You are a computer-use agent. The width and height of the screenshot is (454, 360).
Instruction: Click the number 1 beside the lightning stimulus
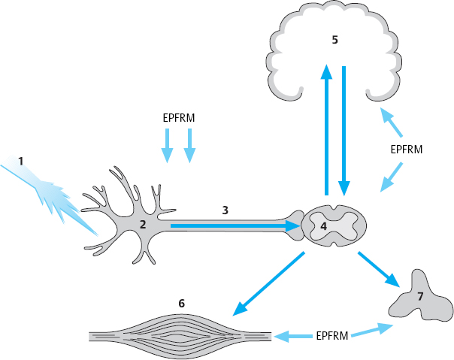coord(21,161)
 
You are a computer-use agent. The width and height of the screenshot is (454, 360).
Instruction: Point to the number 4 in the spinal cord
coord(324,225)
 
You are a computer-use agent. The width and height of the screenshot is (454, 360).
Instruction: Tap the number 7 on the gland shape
coord(420,296)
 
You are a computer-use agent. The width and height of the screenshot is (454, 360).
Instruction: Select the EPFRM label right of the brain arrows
coord(407,149)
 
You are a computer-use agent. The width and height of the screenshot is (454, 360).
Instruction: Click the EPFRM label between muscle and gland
coord(331,335)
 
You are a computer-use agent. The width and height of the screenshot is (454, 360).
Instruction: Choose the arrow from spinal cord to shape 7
coord(377,269)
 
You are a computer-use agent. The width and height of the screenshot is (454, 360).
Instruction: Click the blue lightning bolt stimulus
coord(56,194)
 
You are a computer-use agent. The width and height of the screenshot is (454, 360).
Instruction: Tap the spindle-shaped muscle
coord(181,336)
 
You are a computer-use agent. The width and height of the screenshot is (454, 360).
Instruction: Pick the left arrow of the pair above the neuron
coord(168,144)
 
